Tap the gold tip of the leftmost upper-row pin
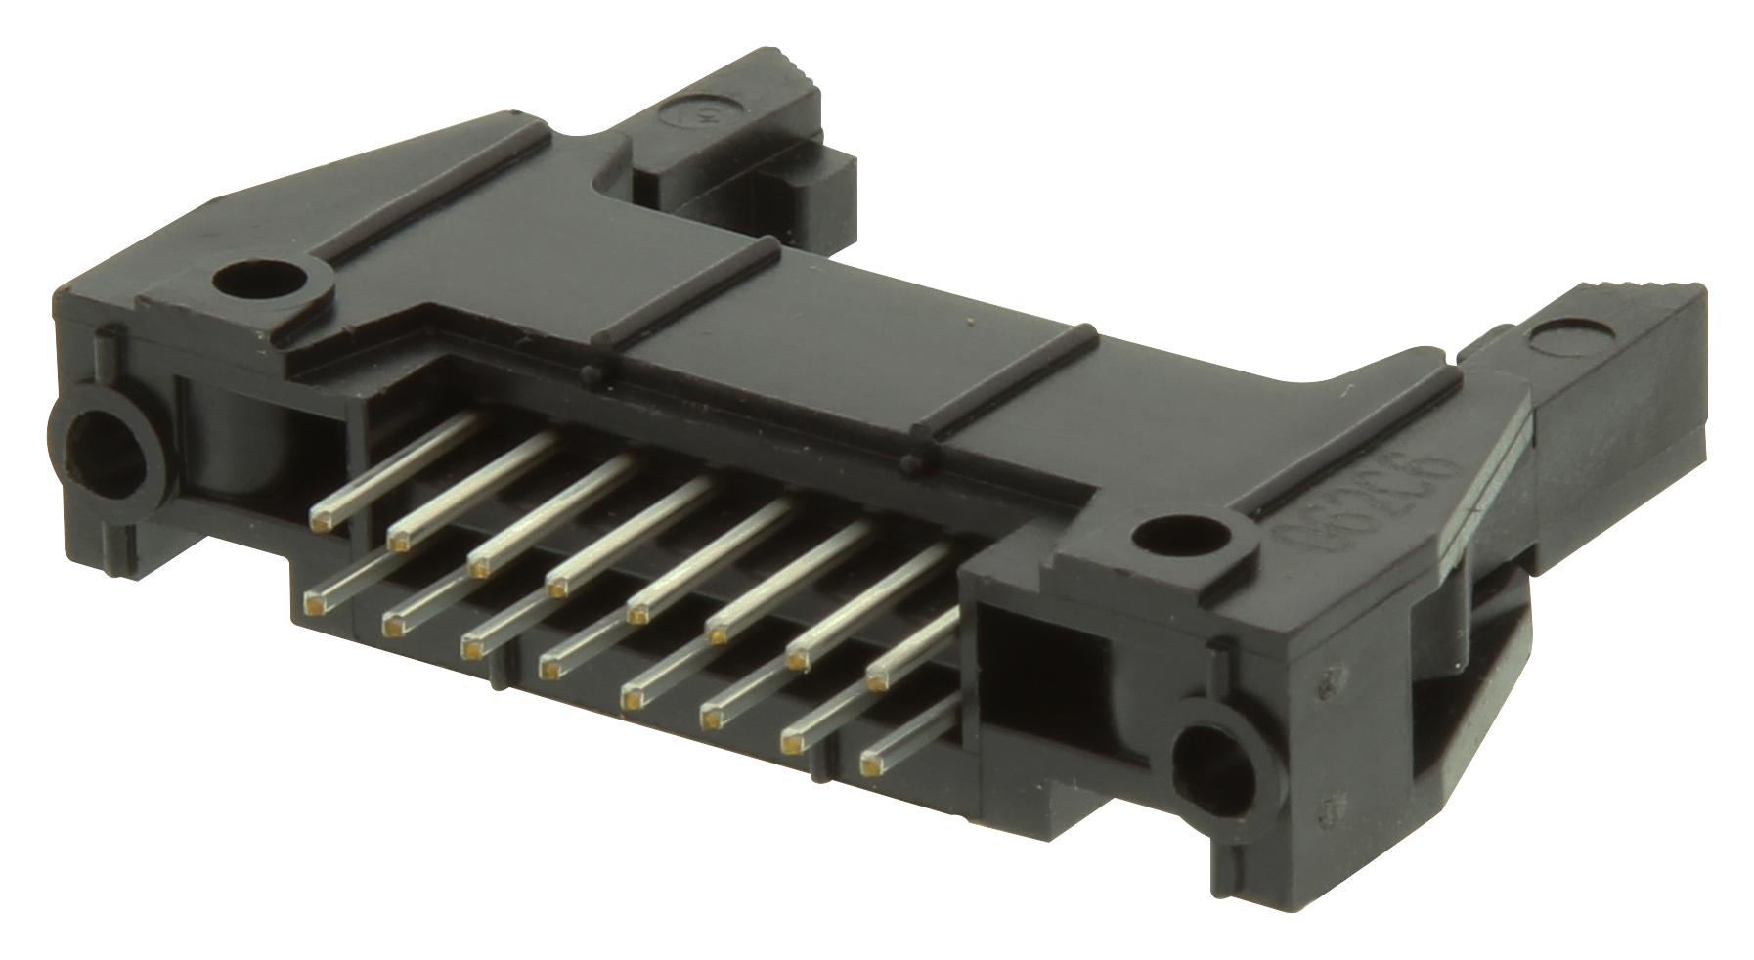(x=321, y=523)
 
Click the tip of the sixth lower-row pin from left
(x=711, y=720)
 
